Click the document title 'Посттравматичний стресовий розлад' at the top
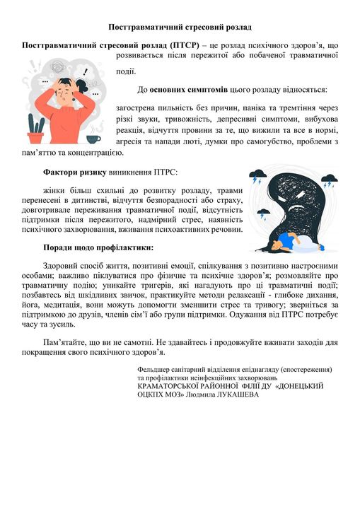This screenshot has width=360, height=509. coord(180,27)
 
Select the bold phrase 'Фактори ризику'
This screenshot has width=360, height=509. coord(74,172)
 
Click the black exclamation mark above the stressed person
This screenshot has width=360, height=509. coord(86,71)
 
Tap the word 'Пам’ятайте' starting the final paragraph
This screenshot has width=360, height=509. coord(66,341)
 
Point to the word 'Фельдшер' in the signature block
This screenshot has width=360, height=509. coord(156,369)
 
